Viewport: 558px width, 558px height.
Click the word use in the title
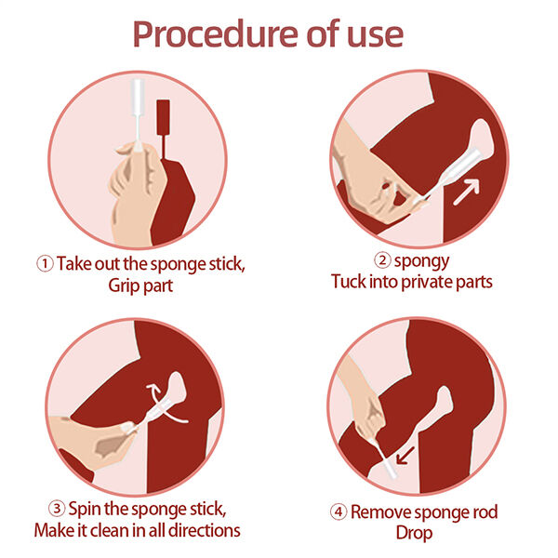370,34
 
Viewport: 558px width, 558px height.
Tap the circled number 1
45,263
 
